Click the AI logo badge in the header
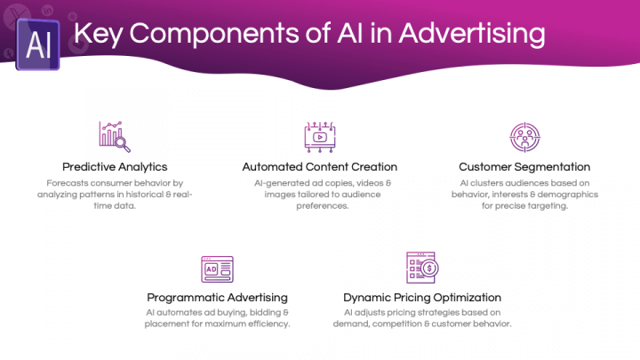point(37,44)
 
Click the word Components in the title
point(214,34)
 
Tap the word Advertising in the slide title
point(472,34)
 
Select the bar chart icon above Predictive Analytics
point(115,137)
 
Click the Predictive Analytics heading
point(115,167)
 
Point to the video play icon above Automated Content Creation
point(320,137)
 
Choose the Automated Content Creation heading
point(320,167)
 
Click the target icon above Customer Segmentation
point(525,137)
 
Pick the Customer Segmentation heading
point(524,167)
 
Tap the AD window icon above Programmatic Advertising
point(217,269)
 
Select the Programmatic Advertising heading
point(217,298)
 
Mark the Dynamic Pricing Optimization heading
point(422,298)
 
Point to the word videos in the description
point(370,183)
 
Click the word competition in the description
point(396,324)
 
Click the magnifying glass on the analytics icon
point(122,144)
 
